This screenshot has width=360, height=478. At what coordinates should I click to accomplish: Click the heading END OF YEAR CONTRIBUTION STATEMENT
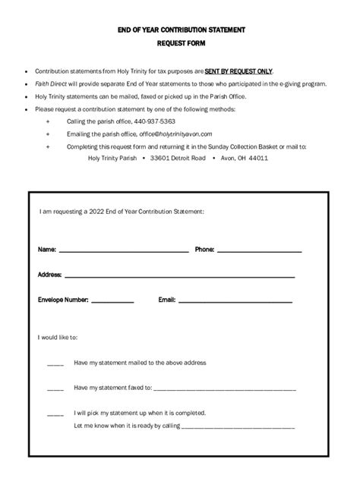[180, 30]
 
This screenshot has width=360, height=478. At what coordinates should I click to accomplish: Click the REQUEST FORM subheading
[180, 44]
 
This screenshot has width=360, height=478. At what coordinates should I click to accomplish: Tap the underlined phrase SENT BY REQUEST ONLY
[238, 70]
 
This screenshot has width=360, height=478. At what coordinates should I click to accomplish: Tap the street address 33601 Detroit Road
[178, 159]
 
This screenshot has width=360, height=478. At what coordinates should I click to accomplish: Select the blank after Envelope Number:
[112, 301]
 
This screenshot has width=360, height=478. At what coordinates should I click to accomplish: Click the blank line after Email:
[235, 301]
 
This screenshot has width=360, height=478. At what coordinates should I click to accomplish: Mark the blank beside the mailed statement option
[55, 363]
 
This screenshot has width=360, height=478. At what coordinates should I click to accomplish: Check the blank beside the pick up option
[55, 414]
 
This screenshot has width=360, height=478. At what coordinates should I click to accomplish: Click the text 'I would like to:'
[58, 337]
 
